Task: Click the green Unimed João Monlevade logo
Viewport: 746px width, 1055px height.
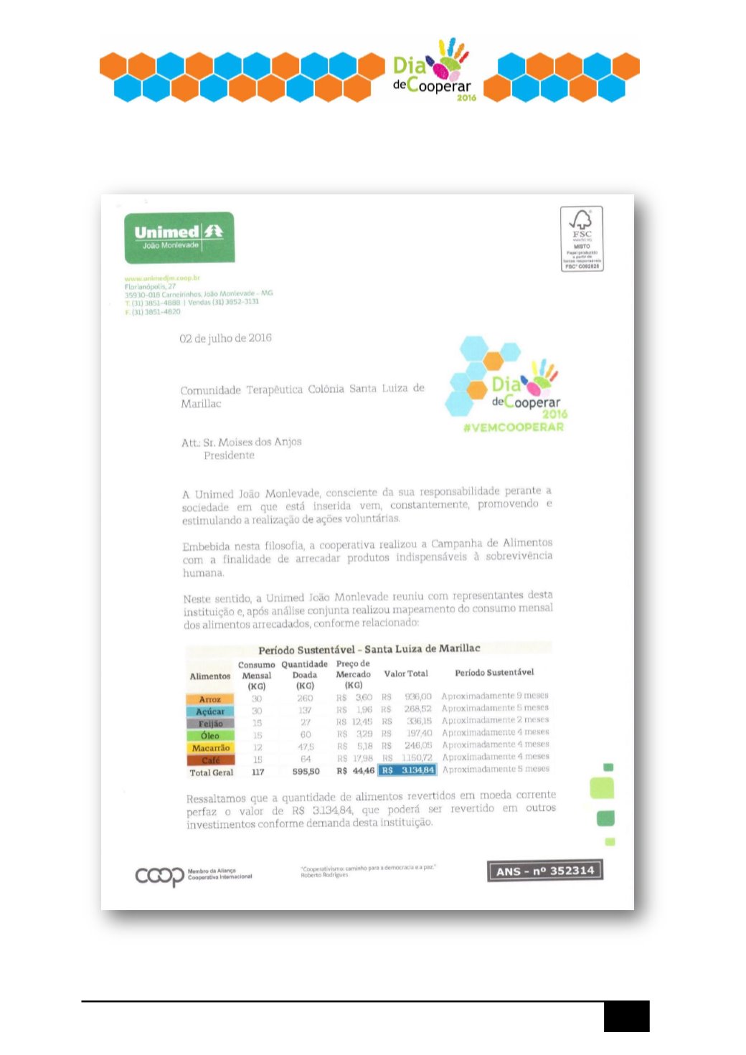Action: tap(179, 237)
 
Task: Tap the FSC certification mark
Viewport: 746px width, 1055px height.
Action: tap(582, 239)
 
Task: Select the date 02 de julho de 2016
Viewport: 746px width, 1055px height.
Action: tap(225, 338)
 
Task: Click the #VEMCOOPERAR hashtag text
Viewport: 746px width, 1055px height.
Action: tap(514, 427)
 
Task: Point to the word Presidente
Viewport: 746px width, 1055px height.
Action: tap(229, 455)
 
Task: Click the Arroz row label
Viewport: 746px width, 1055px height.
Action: tap(210, 699)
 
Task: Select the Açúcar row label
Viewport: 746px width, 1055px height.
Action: tap(210, 711)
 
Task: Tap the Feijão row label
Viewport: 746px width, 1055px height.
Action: tap(210, 724)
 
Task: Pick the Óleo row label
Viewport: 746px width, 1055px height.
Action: tap(210, 736)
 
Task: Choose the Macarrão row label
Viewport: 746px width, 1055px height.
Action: tap(210, 748)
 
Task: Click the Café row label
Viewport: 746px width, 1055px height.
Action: tap(210, 760)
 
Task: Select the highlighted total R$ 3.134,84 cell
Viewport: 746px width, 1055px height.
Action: tap(407, 770)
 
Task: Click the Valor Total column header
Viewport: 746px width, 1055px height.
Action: tap(406, 673)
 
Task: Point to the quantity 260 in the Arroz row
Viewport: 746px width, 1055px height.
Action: tap(305, 698)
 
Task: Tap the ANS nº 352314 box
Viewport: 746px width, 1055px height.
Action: tap(545, 871)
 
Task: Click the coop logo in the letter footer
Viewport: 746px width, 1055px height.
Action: tap(160, 876)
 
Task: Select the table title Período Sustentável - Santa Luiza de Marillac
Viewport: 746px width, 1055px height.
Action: tap(369, 649)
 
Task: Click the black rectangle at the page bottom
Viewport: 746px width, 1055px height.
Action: tap(626, 1016)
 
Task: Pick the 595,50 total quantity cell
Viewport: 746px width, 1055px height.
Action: tap(306, 772)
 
